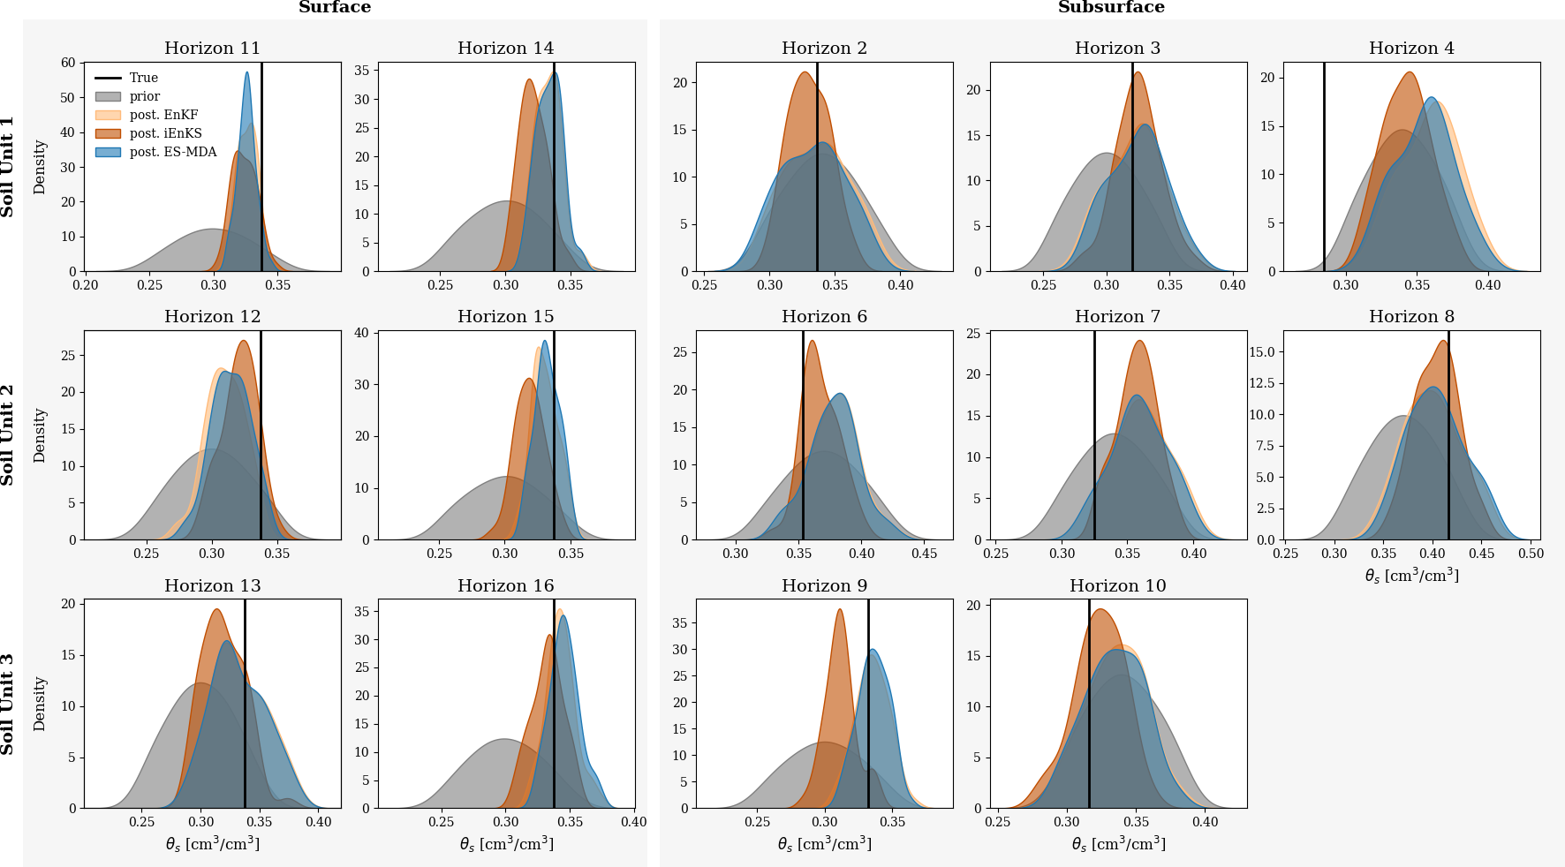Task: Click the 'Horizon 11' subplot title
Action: pyautogui.click(x=212, y=49)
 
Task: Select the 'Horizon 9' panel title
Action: pyautogui.click(x=824, y=586)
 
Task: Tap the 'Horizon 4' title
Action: pyautogui.click(x=1411, y=49)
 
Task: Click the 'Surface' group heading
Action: pyautogui.click(x=335, y=8)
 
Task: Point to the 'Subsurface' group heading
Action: pyautogui.click(x=1111, y=8)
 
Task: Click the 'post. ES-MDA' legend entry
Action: pyautogui.click(x=172, y=152)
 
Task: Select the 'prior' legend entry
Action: pyautogui.click(x=145, y=96)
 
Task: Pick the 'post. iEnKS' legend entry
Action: pyautogui.click(x=165, y=133)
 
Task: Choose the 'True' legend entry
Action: pyautogui.click(x=144, y=78)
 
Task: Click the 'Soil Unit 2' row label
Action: pyautogui.click(x=8, y=434)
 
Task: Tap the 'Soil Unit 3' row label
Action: pyautogui.click(x=8, y=704)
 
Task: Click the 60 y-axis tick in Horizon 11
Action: pyautogui.click(x=69, y=63)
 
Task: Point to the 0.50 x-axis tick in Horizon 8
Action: pyautogui.click(x=1531, y=554)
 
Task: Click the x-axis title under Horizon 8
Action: pyautogui.click(x=1411, y=576)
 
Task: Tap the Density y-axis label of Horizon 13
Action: pyautogui.click(x=40, y=704)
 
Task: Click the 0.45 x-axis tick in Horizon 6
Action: pyautogui.click(x=924, y=554)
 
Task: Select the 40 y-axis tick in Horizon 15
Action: pyautogui.click(x=361, y=333)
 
